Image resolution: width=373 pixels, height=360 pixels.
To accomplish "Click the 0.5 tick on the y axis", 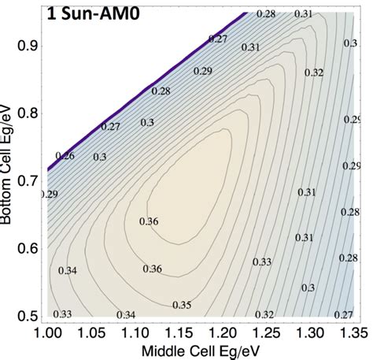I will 28,315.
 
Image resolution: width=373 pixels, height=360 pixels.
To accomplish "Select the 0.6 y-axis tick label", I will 28,248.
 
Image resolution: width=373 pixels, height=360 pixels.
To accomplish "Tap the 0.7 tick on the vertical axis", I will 28,181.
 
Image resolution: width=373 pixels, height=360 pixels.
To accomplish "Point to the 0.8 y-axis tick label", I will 28,114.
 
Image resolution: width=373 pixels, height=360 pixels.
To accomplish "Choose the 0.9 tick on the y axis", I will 28,47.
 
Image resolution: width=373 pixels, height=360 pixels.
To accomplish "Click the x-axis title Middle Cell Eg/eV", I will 204,351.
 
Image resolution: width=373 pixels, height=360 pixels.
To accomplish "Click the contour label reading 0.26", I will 66,155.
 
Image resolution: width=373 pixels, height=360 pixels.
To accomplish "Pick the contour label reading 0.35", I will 181,304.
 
